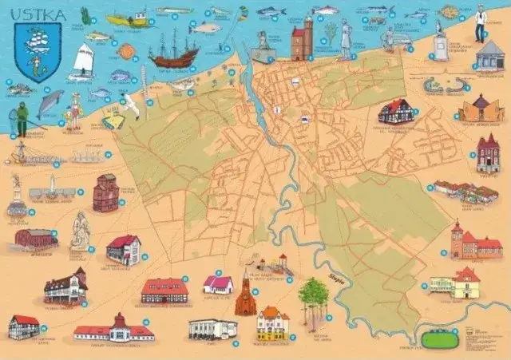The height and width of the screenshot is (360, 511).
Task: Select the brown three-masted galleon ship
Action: [173, 53]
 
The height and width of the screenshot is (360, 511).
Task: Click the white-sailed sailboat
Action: [83, 61]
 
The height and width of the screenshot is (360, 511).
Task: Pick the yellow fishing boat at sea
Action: [129, 19]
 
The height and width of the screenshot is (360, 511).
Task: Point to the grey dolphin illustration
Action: [50, 102]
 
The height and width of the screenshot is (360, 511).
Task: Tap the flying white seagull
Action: [129, 103]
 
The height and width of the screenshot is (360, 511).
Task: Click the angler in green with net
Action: [21, 117]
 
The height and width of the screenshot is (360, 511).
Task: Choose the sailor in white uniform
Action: [480, 23]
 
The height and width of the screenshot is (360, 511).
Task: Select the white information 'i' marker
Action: [277, 109]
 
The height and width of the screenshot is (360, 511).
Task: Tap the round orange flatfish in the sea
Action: [126, 52]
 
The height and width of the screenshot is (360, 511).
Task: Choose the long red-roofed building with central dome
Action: [114, 329]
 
